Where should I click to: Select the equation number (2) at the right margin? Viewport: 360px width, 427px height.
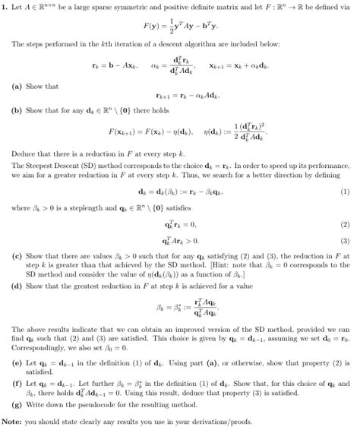[x=346, y=225]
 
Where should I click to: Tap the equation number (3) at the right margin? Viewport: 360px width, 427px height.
[x=346, y=241]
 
